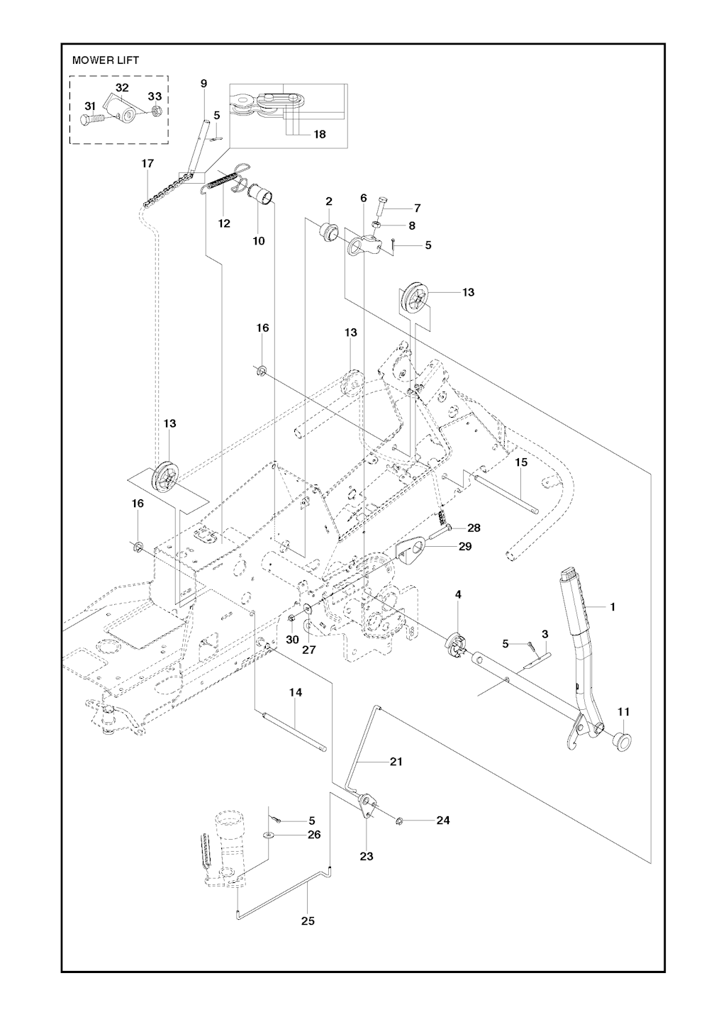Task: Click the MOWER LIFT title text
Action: [x=106, y=60]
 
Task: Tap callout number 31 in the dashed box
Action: [x=90, y=106]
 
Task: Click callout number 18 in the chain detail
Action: [x=320, y=134]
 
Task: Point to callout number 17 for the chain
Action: [x=147, y=164]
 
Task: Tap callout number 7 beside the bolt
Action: [x=417, y=208]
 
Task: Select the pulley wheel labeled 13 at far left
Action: [x=166, y=477]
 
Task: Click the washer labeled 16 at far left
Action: [x=138, y=546]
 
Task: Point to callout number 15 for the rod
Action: [x=521, y=462]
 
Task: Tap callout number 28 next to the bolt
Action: [x=474, y=528]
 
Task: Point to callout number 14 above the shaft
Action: [x=296, y=692]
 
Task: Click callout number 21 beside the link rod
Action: [x=396, y=762]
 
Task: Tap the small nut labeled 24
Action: [x=399, y=821]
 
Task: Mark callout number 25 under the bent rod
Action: [x=307, y=921]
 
